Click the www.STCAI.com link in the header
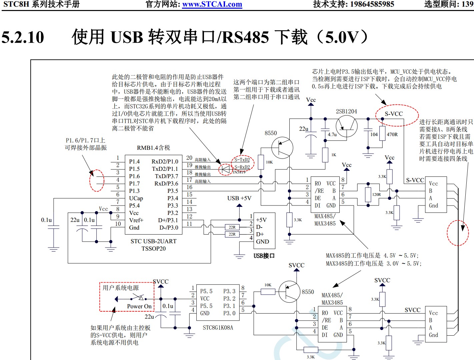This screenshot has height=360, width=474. tap(212, 4)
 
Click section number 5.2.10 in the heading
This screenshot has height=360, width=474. tap(23, 37)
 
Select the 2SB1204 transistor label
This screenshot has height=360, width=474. tap(346, 111)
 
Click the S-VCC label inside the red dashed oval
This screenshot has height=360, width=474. tap(394, 114)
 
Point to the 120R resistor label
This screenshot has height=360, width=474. tap(376, 195)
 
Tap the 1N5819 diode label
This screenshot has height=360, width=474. tap(239, 172)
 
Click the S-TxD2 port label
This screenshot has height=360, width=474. tap(242, 160)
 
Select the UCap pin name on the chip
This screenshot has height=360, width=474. tap(136, 198)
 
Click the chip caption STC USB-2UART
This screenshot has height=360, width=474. tap(153, 241)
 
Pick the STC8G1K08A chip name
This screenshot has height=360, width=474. tap(218, 328)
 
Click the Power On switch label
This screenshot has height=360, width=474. tap(139, 306)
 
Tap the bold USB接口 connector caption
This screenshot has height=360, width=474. tap(264, 256)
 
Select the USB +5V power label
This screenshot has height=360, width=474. tap(239, 198)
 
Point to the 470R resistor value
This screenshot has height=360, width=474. tap(392, 134)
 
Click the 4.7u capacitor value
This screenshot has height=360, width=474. tap(332, 134)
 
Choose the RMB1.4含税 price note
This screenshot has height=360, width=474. tap(153, 147)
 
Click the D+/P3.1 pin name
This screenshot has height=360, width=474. tap(168, 220)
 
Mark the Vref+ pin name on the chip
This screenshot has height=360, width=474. tap(136, 220)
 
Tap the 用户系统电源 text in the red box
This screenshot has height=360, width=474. tap(121, 288)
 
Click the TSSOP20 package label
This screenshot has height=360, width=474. tap(153, 249)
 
